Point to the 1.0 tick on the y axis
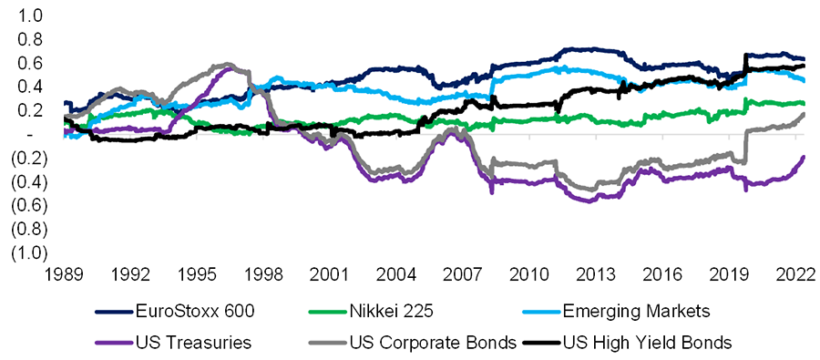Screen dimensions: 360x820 click(x=29, y=15)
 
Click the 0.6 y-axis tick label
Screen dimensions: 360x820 click(x=29, y=63)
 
